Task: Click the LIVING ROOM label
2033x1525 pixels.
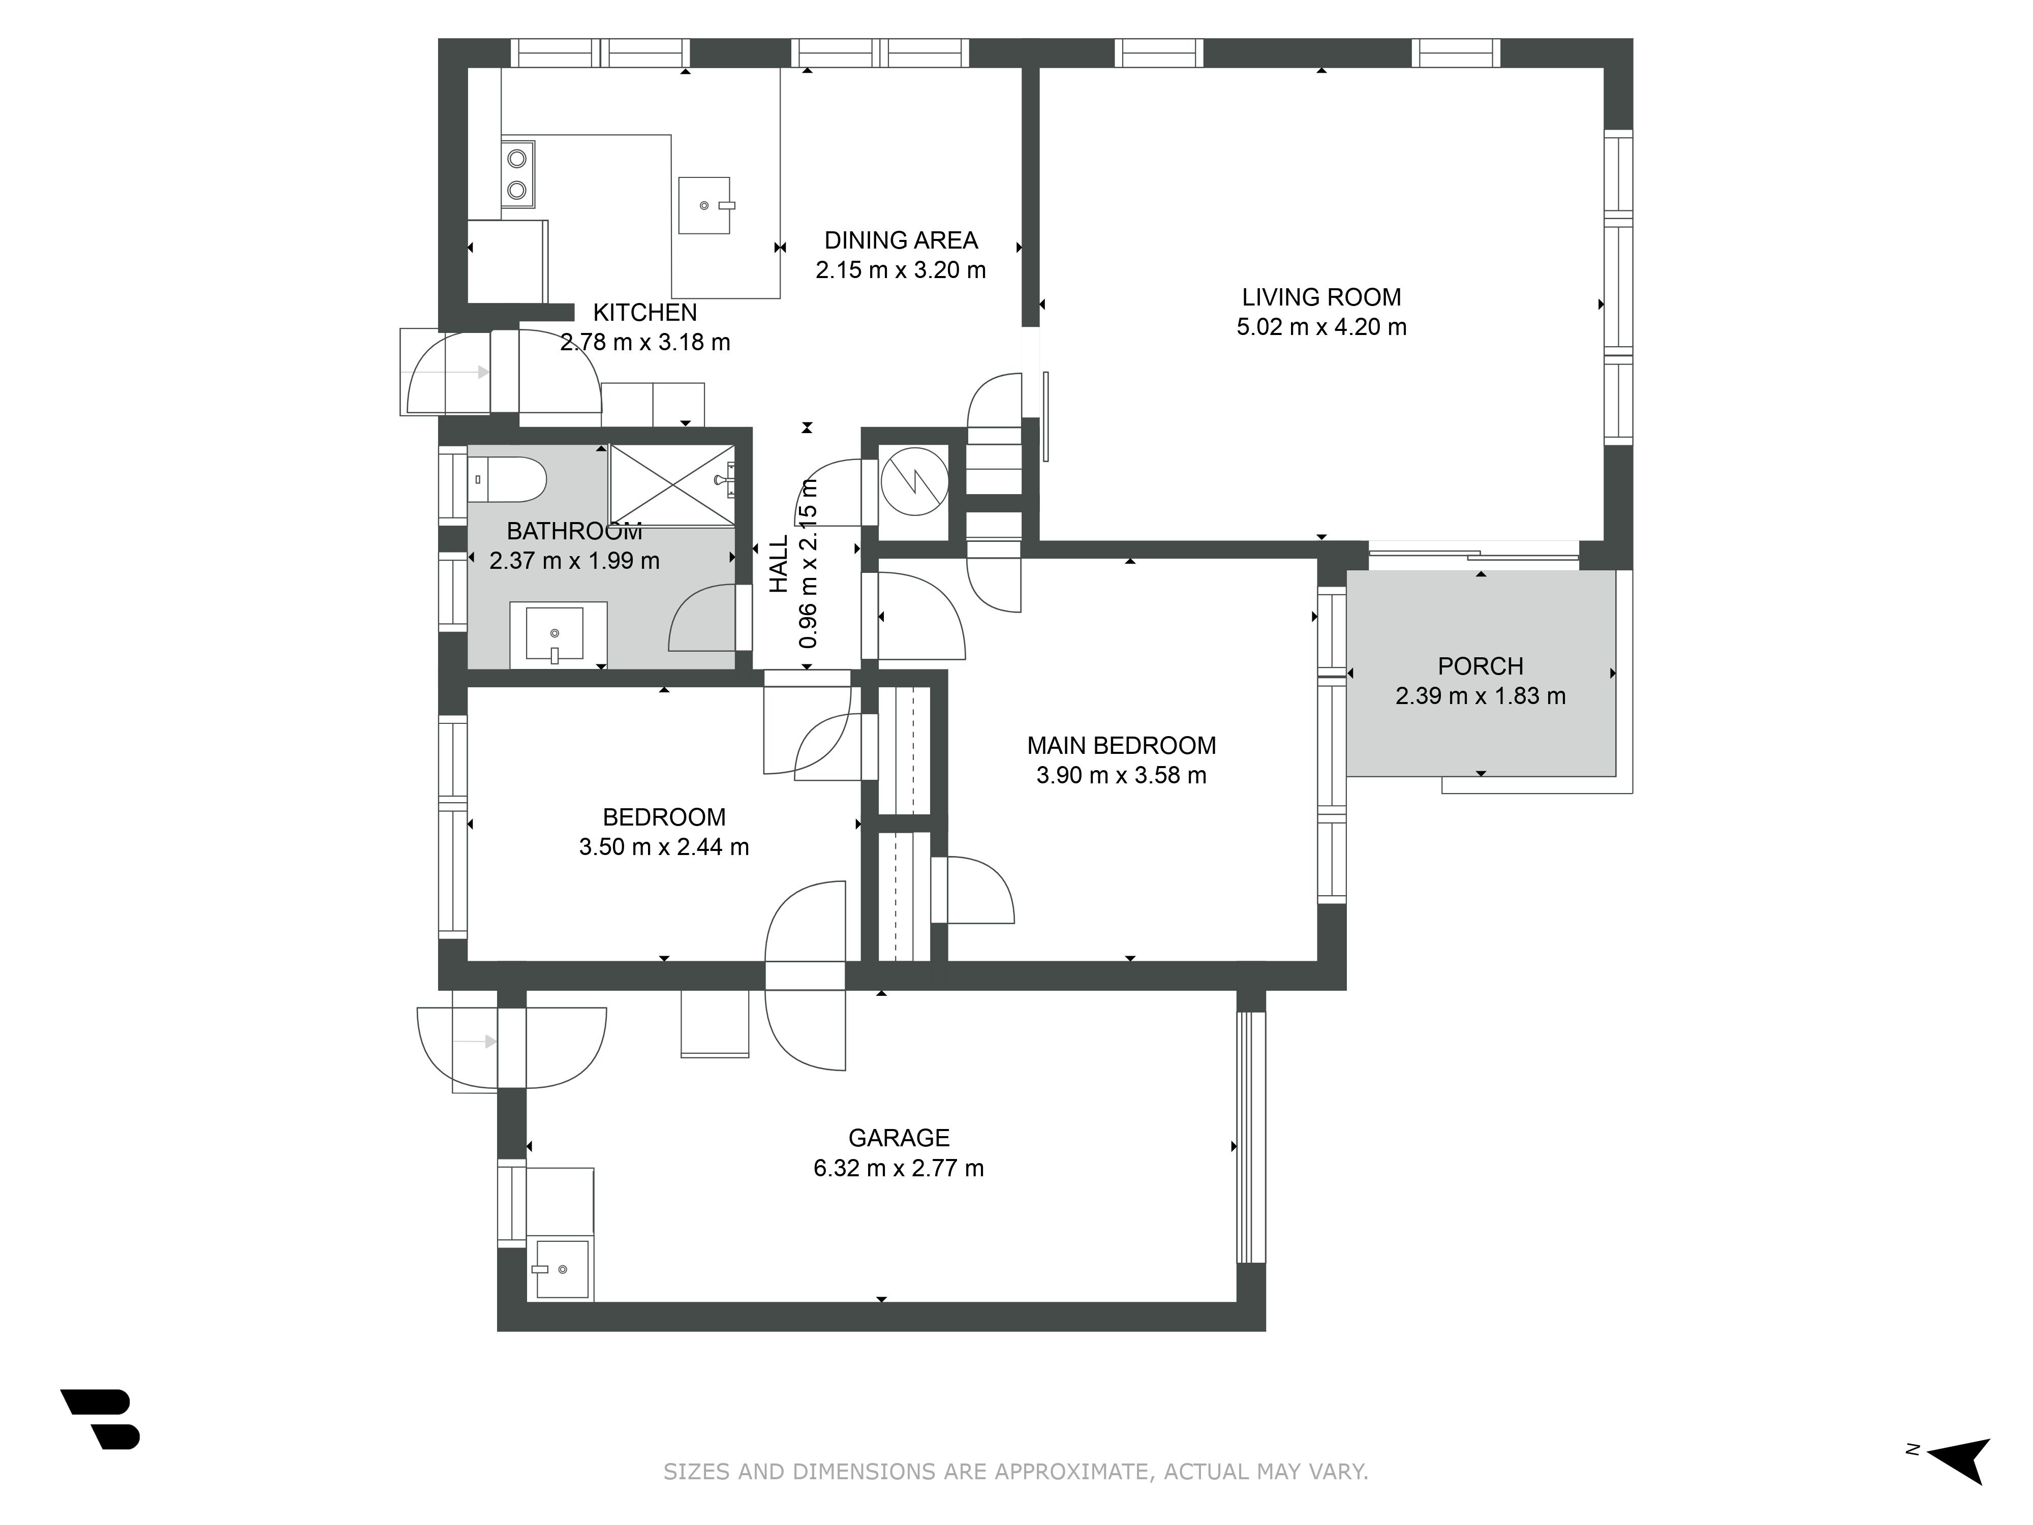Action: [1321, 297]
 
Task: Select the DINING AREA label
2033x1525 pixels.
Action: [901, 241]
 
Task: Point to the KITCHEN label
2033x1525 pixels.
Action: [644, 313]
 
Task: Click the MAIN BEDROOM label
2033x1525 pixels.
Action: [1121, 746]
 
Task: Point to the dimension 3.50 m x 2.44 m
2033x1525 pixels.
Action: [664, 846]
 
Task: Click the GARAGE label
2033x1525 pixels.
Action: [899, 1138]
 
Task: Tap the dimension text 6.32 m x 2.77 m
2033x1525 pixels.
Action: [899, 1168]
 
